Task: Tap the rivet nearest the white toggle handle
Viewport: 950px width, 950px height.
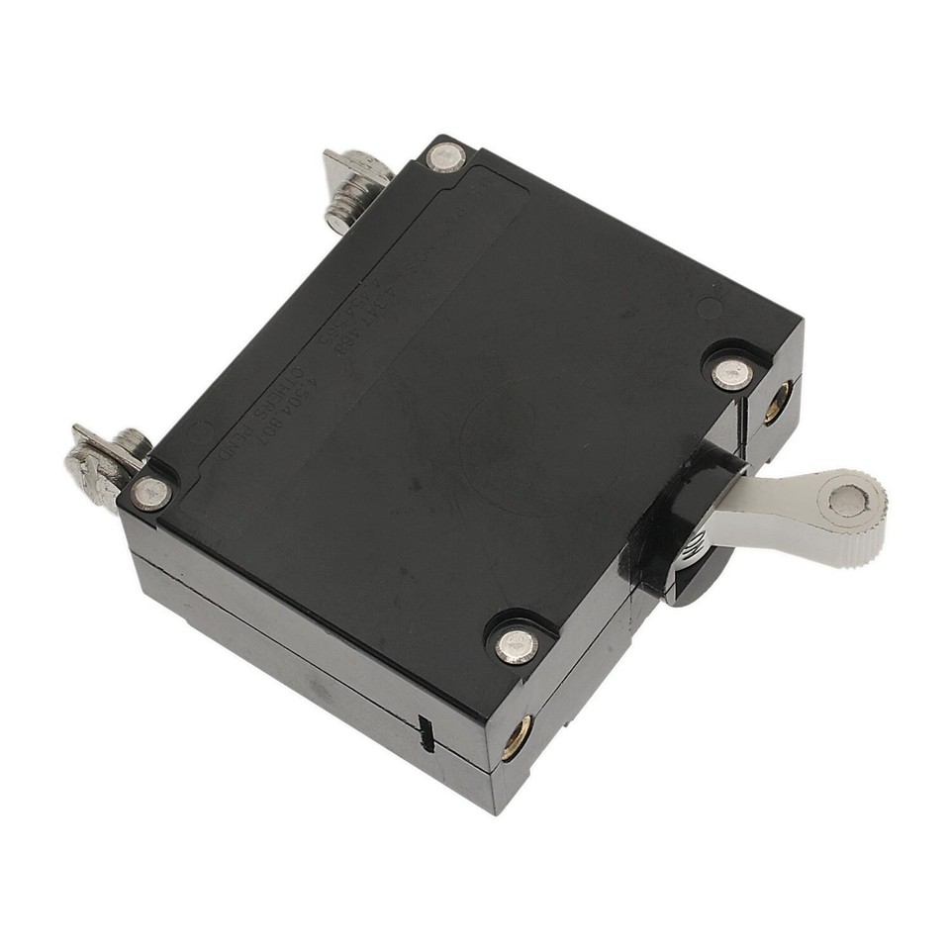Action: [x=733, y=373]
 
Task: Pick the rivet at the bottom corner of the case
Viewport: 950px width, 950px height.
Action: [x=514, y=645]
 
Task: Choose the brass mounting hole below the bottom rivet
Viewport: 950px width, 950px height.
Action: [x=516, y=736]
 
